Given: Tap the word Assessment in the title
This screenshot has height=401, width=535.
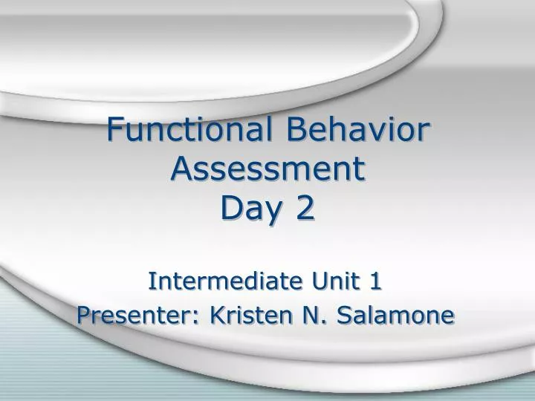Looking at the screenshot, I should pos(268,169).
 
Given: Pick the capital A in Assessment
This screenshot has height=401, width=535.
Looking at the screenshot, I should pos(181,169).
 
